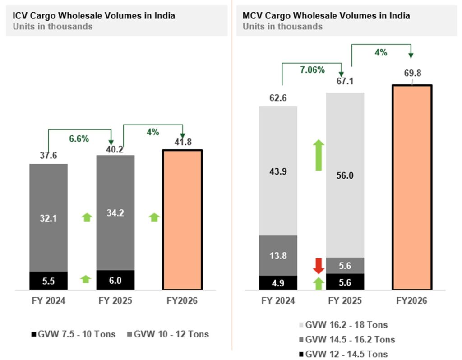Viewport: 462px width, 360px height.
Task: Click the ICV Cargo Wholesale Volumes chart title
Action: [94, 16]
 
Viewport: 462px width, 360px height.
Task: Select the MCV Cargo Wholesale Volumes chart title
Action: [326, 15]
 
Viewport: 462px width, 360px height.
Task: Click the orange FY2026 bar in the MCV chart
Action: [412, 186]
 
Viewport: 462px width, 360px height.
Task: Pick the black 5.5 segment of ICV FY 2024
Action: [48, 280]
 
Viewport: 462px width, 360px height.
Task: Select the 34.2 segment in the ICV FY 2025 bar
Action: [115, 213]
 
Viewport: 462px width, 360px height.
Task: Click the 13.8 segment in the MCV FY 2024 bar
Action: [278, 255]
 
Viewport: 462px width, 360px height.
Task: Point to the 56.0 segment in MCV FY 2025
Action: [345, 175]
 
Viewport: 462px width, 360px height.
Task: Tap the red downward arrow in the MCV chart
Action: [319, 266]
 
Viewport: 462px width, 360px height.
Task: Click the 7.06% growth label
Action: [312, 70]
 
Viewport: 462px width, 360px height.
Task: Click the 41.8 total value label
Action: [182, 142]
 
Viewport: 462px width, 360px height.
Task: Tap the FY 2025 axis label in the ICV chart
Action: [115, 301]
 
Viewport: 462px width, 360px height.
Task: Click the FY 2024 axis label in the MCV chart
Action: [278, 301]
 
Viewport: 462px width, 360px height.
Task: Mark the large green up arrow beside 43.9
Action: [319, 155]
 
